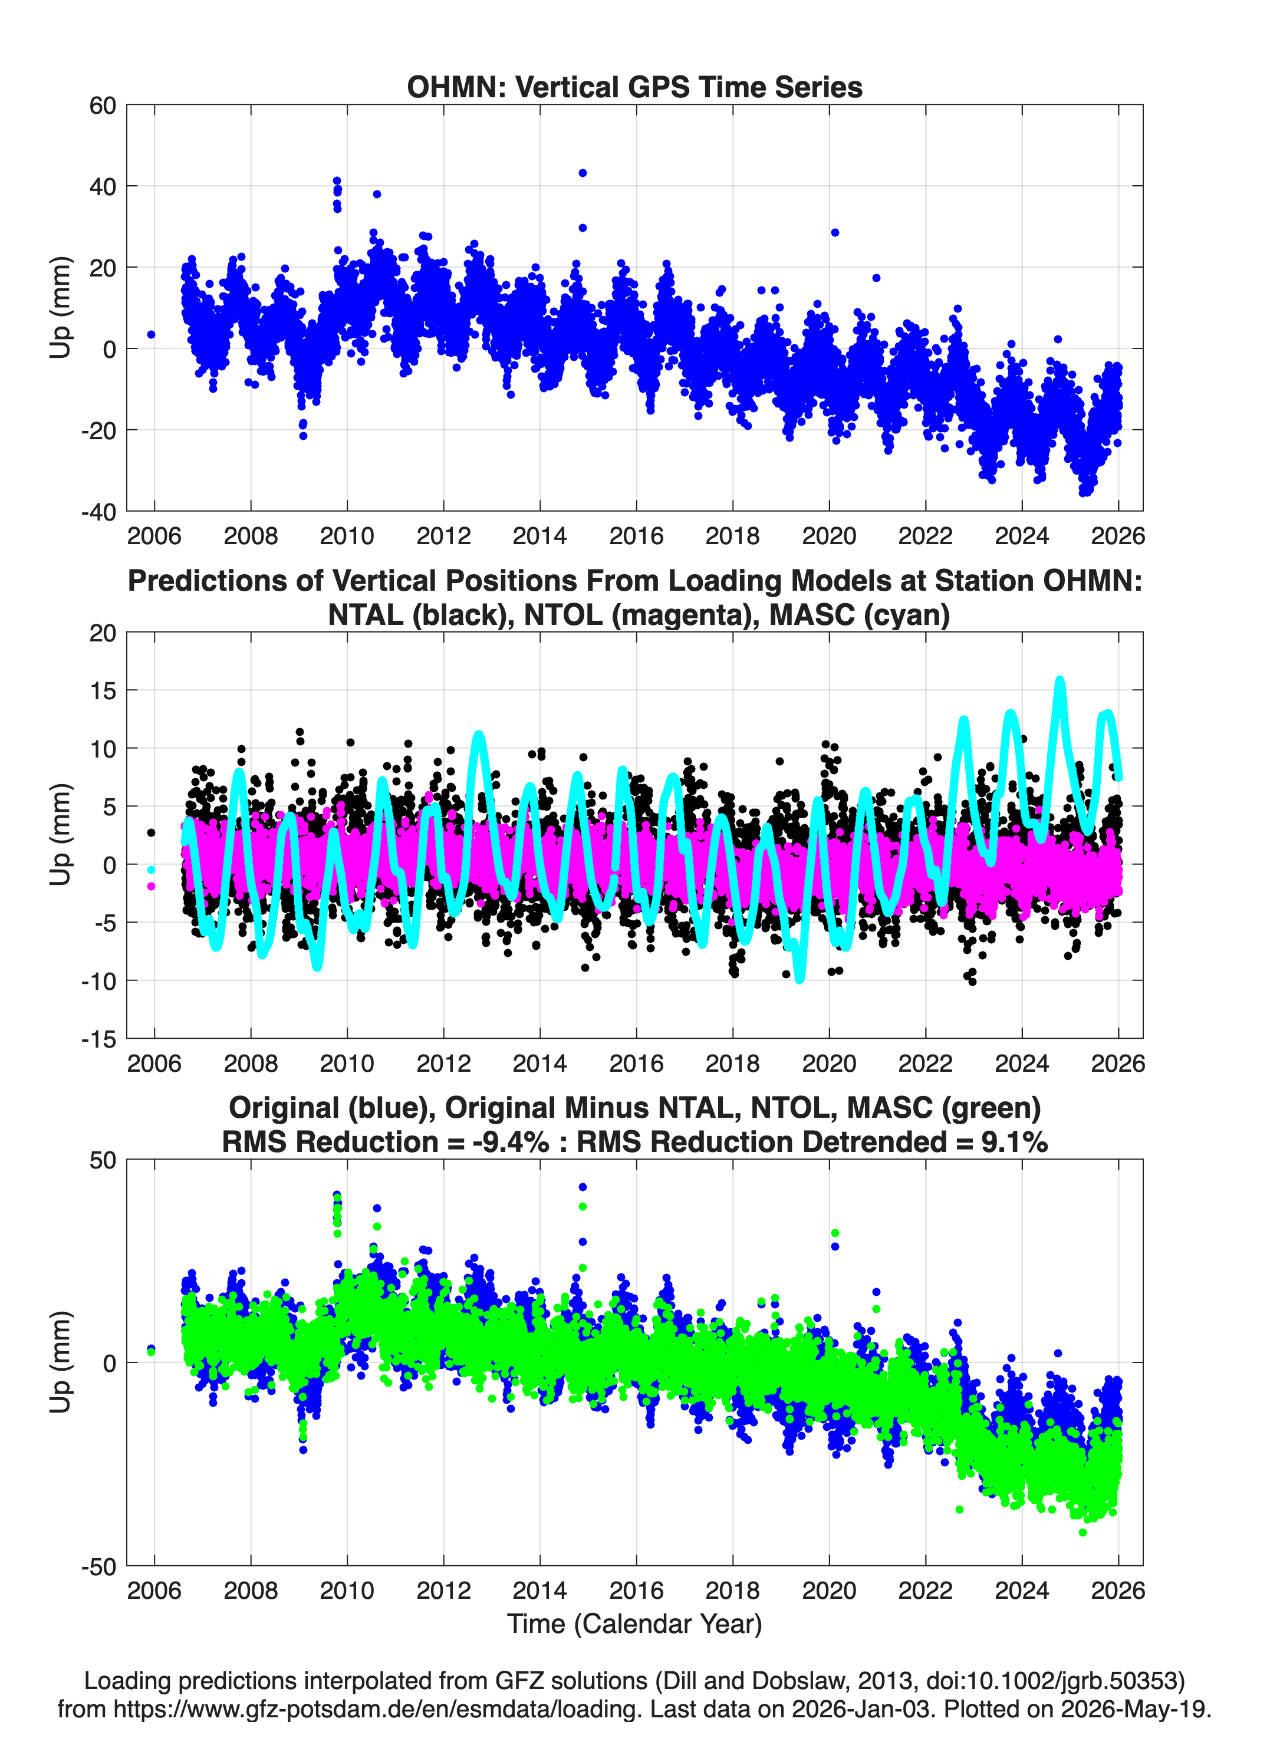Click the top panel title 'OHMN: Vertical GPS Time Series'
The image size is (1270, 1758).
click(x=634, y=87)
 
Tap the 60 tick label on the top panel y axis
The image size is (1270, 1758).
click(x=103, y=106)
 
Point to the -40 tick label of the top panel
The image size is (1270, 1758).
click(x=98, y=512)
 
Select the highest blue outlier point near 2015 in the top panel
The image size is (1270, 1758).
click(x=583, y=173)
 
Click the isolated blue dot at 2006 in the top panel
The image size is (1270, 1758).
click(x=151, y=335)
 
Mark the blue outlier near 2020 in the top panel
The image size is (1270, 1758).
click(x=835, y=232)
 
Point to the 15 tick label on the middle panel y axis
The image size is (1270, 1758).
click(x=103, y=690)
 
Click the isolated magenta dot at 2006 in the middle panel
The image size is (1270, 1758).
click(x=151, y=886)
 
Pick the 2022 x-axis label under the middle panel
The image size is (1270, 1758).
click(x=925, y=1063)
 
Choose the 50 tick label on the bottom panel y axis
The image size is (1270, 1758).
click(x=103, y=1160)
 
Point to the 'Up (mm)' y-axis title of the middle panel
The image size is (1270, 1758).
click(x=61, y=835)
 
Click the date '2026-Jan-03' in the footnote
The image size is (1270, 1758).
click(x=861, y=1708)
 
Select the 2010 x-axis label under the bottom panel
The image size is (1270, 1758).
click(x=347, y=1590)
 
